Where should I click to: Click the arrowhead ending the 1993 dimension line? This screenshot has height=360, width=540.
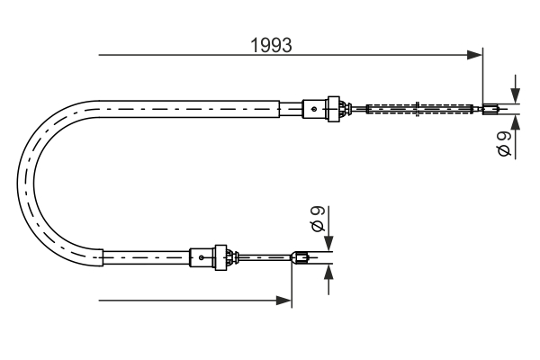tap(475, 56)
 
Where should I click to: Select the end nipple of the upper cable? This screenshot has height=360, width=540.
tap(490, 112)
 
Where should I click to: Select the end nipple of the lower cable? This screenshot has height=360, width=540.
tap(301, 259)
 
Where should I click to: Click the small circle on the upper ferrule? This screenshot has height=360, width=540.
tap(313, 110)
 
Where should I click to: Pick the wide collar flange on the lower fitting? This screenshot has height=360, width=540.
tap(220, 258)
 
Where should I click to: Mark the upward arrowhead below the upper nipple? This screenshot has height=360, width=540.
tap(515, 121)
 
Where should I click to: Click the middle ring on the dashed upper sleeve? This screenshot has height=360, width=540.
tap(421, 111)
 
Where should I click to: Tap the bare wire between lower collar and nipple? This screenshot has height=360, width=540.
tap(265, 259)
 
